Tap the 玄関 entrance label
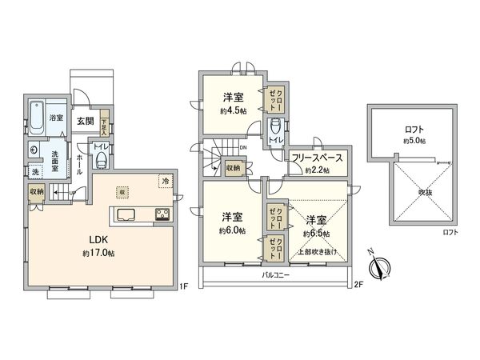click(85, 122)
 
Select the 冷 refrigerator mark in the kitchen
click(165, 181)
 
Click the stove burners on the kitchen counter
click(161, 214)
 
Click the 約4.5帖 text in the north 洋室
click(233, 111)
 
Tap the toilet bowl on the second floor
click(274, 126)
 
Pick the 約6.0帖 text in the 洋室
click(233, 230)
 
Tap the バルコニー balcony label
click(275, 275)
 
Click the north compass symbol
click(380, 265)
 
